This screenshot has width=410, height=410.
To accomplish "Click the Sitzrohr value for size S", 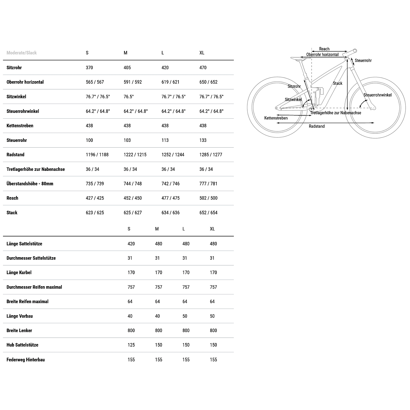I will [x=89, y=68].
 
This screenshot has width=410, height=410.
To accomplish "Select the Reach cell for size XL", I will [x=208, y=198].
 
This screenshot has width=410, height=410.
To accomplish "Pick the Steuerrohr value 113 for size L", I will [x=165, y=140].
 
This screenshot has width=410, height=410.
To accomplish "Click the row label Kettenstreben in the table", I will [x=20, y=126].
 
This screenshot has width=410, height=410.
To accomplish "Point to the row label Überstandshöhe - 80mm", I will [x=30, y=184].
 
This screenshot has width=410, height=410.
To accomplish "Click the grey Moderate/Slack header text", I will [x=22, y=53].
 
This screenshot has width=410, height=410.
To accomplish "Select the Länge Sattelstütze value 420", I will [x=131, y=244].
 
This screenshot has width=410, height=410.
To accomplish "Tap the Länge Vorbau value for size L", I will [x=185, y=316].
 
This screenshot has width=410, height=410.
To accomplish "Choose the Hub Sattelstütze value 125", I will [x=131, y=345].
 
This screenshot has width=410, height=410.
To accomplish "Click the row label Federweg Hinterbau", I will [x=26, y=360].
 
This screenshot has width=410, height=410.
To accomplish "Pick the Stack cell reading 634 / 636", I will [x=171, y=213].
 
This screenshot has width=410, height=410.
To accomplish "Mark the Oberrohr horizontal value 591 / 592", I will [x=133, y=82].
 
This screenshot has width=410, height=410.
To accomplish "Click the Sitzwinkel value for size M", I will [x=128, y=97].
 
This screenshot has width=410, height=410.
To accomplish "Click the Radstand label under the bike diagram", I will [x=317, y=126].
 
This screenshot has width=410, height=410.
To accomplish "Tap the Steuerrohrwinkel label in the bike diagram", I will [x=377, y=95].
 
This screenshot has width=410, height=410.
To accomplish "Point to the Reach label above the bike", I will [x=324, y=49].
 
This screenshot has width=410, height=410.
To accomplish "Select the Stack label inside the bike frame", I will [x=338, y=83].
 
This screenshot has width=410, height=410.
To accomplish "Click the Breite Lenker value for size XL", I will [x=213, y=330].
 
